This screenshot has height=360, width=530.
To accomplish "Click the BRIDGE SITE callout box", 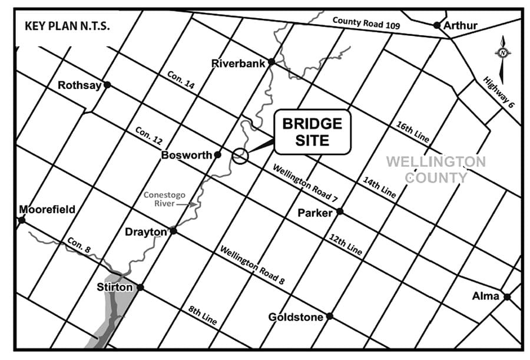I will point(312,131).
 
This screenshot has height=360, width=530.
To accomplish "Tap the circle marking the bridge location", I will point(239,156).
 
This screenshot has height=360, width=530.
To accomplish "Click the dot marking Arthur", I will point(436,25).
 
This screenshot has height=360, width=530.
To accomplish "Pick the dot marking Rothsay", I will point(107,85).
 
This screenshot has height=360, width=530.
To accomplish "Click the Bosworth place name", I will point(186,155).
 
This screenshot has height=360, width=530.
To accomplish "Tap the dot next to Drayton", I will point(173,230).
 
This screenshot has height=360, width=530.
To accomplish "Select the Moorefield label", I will point(48,209).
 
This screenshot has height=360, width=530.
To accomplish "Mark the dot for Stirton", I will point(140,288).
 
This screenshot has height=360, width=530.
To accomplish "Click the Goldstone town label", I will point(296,317).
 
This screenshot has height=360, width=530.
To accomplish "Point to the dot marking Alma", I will point(507,296).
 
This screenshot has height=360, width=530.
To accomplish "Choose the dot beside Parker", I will point(339,212).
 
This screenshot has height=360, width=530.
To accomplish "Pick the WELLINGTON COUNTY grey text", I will point(435,169).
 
